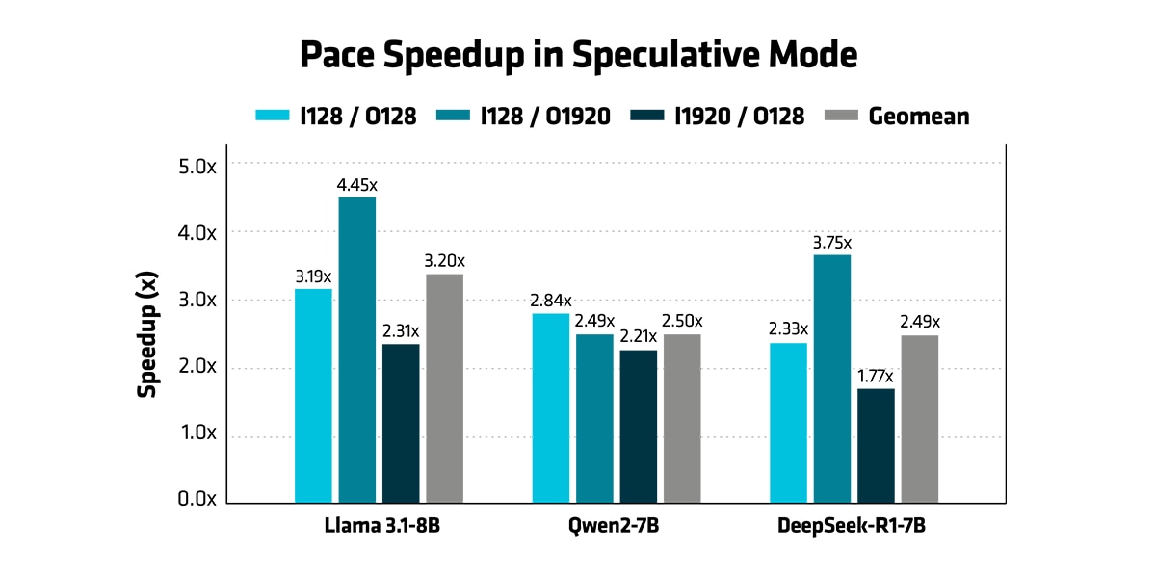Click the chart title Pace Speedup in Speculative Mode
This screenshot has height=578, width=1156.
(x=578, y=55)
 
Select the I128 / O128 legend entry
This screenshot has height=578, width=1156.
(x=336, y=117)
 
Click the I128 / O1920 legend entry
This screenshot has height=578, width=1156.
(x=525, y=117)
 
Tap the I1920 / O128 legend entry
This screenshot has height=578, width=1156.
(x=717, y=117)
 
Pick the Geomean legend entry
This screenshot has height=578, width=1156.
(x=898, y=117)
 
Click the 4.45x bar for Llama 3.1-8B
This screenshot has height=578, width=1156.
(x=356, y=349)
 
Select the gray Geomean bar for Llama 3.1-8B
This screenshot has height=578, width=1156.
(x=444, y=388)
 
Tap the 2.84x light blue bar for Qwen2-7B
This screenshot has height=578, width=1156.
(x=551, y=407)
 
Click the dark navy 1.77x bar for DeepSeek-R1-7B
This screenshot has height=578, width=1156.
(x=876, y=445)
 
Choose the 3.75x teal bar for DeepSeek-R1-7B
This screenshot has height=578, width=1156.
(x=832, y=379)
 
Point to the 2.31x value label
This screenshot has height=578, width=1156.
(x=400, y=331)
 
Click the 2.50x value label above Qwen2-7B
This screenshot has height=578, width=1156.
(x=682, y=321)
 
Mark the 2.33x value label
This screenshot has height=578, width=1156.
(x=788, y=329)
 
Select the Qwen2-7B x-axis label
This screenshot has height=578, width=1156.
(x=617, y=527)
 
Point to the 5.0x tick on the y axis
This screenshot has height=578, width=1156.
(x=198, y=166)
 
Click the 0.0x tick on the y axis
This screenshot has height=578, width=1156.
(x=198, y=500)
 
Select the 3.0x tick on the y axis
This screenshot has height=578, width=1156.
(x=198, y=300)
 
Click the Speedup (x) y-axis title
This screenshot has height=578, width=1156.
(x=147, y=333)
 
